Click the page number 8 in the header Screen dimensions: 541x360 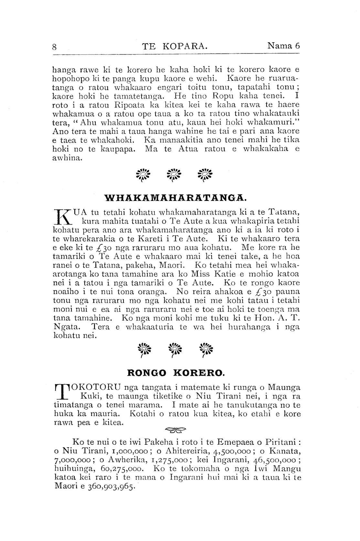[55, 47]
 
